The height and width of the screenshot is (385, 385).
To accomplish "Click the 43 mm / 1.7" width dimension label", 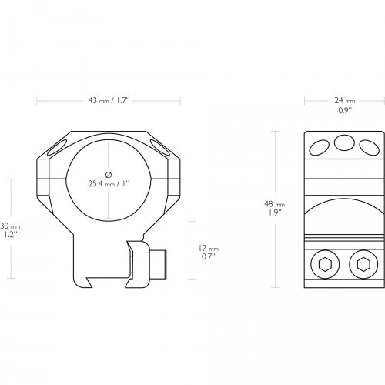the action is pos(109,100).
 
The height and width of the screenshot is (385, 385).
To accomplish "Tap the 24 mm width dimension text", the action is pos(345,101).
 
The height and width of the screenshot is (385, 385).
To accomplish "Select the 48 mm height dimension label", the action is pos(275,204).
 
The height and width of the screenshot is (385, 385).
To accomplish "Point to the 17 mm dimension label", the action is pos(208,248).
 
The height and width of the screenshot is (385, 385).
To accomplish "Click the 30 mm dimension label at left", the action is pos(10,226).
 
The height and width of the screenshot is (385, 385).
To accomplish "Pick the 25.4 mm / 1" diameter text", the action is pos(109,184).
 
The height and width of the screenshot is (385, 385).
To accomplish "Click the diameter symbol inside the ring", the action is pos(109,175).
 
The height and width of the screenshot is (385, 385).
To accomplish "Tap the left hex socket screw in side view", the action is pos(325,264).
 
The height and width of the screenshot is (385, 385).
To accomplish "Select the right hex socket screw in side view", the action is pos(363,264).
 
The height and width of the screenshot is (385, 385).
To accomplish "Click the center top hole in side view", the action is pos(344,143).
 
